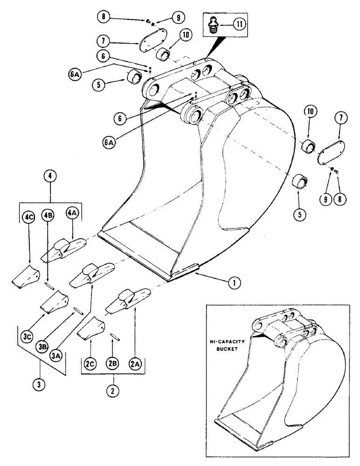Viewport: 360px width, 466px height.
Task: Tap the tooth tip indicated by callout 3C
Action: pyautogui.click(x=53, y=302)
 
